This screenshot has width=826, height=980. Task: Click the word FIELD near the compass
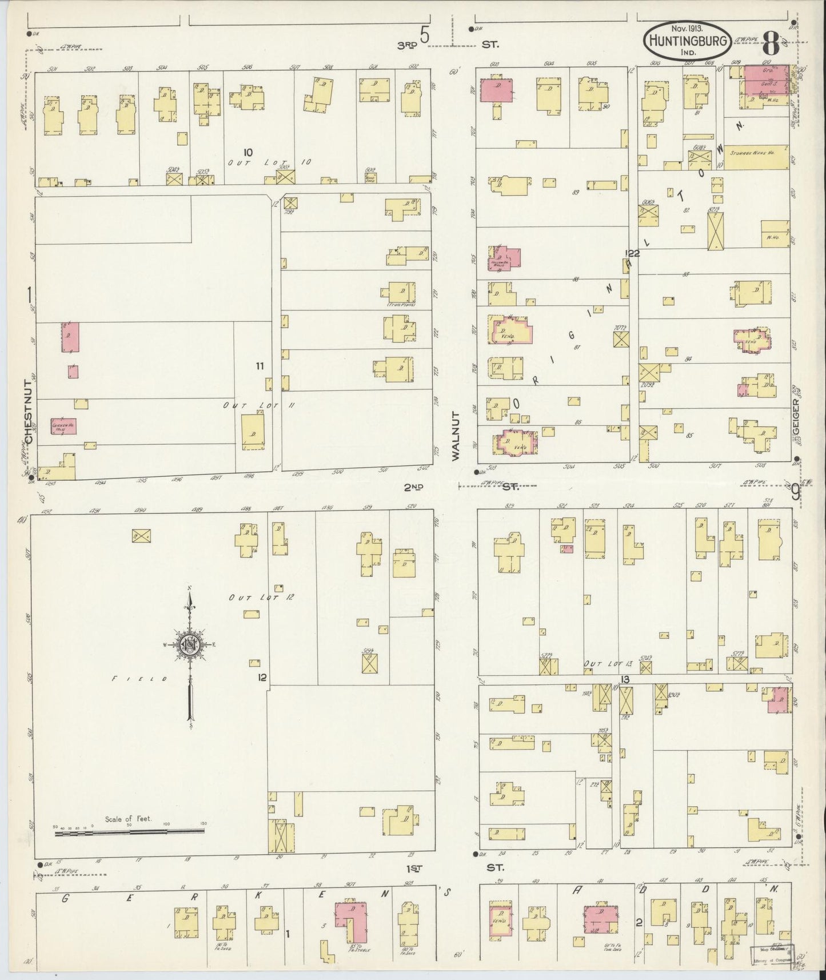141,679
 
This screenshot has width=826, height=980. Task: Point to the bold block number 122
632,253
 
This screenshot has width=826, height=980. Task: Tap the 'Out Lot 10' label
269,162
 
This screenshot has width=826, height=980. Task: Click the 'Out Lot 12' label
261,597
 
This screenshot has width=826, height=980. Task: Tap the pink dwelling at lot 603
495,91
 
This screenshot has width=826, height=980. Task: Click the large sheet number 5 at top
424,36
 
